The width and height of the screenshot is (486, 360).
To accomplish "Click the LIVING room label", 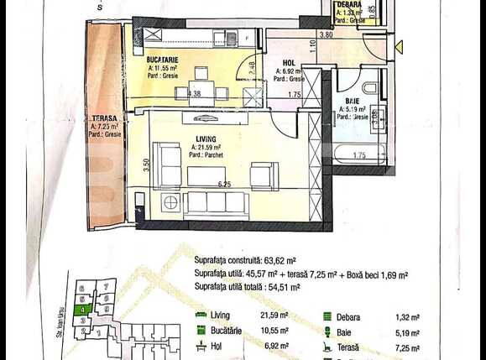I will click(x=205, y=138).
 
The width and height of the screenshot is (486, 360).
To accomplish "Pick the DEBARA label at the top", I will click(x=348, y=4).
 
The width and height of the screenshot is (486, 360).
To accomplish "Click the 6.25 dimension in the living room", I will click(x=223, y=183).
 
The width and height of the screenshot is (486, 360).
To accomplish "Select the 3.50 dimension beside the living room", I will click(x=146, y=164).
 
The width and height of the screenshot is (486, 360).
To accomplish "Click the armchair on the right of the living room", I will click(x=264, y=175).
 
